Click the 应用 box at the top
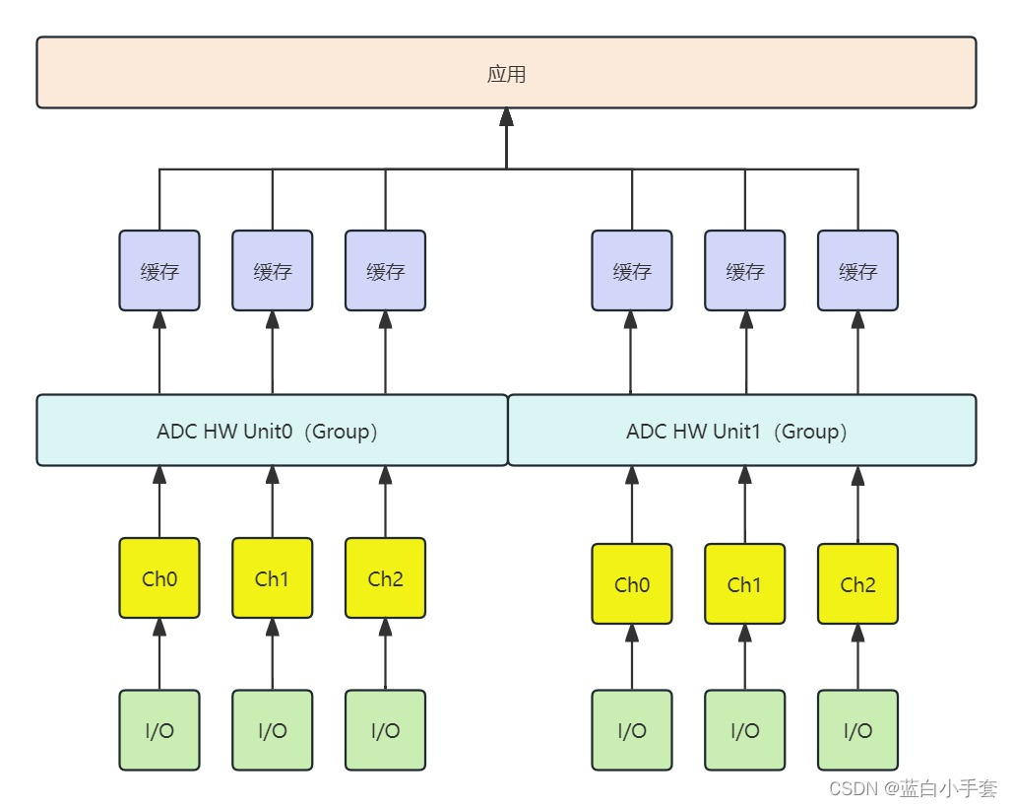pyautogui.click(x=506, y=73)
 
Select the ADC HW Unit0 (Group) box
pyautogui.click(x=272, y=431)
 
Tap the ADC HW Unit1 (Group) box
pyautogui.click(x=742, y=431)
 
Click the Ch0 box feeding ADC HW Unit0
pyautogui.click(x=159, y=578)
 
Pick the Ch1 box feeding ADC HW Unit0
pyautogui.click(x=272, y=578)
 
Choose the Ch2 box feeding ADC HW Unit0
pyautogui.click(x=385, y=578)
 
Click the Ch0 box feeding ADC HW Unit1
pyautogui.click(x=632, y=584)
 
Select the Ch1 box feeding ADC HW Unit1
pyautogui.click(x=744, y=584)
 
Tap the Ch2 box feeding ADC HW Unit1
pyautogui.click(x=857, y=584)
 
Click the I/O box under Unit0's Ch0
pyautogui.click(x=159, y=730)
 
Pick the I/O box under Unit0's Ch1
pyautogui.click(x=272, y=730)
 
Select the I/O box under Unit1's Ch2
pyautogui.click(x=857, y=730)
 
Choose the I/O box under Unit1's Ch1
pyautogui.click(x=744, y=730)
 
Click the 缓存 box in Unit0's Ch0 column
pyautogui.click(x=159, y=271)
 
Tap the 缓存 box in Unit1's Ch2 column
pyautogui.click(x=857, y=271)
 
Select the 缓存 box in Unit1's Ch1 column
pyautogui.click(x=744, y=271)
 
